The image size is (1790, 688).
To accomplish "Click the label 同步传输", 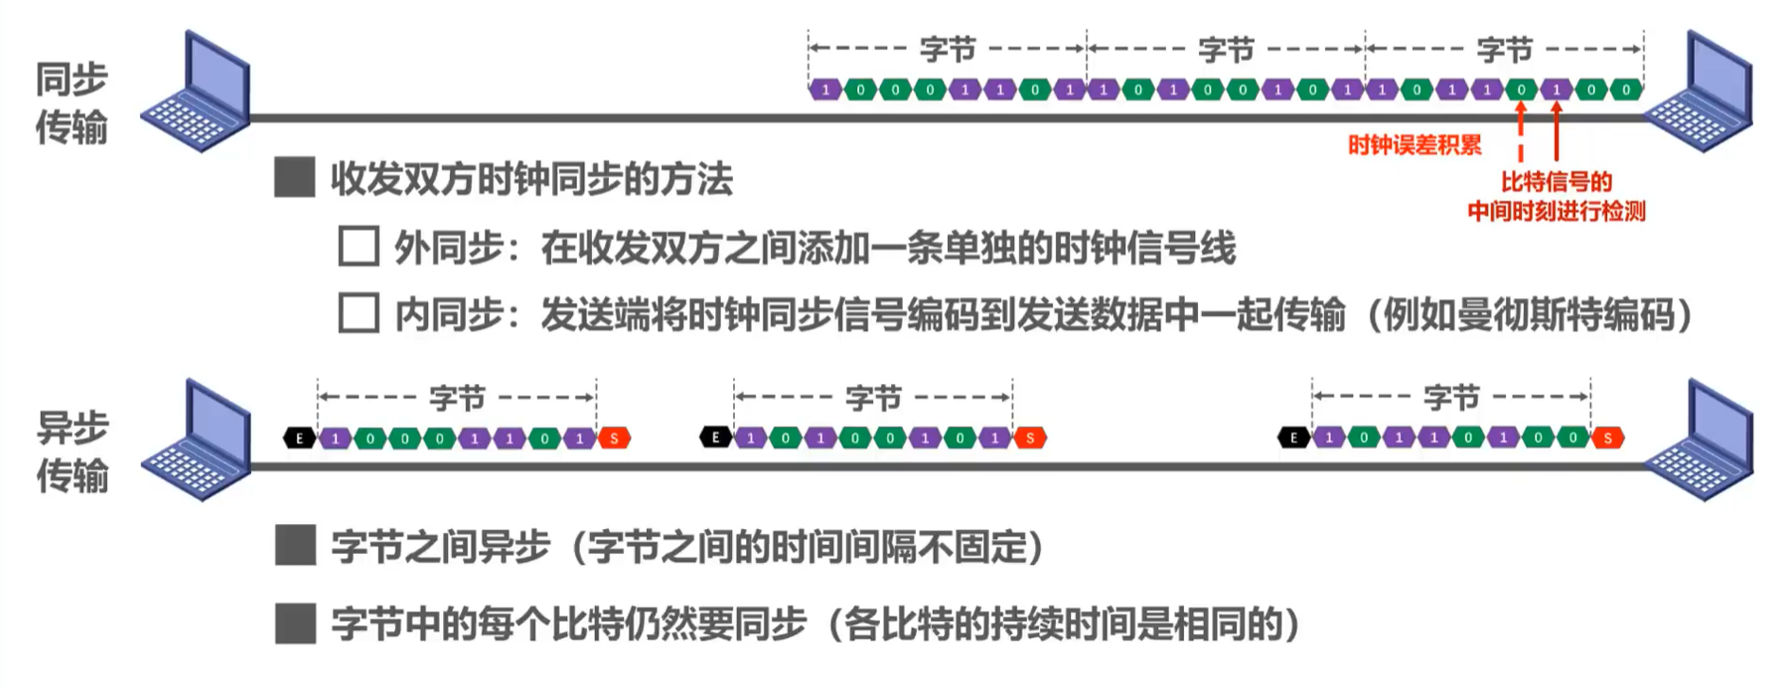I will (x=72, y=103).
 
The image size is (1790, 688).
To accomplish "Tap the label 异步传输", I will (x=72, y=451).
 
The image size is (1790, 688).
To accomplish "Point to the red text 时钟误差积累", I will (x=1414, y=145).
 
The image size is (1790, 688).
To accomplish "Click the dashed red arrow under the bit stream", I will (x=1521, y=132).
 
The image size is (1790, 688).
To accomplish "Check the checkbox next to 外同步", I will (x=359, y=246).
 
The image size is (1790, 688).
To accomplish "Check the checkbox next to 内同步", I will (x=359, y=313).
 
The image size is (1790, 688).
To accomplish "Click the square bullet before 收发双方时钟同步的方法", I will (x=295, y=178).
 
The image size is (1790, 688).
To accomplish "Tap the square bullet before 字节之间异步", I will (x=295, y=546).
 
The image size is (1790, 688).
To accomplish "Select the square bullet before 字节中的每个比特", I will (x=295, y=624).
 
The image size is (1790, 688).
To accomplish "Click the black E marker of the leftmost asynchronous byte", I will (x=299, y=438).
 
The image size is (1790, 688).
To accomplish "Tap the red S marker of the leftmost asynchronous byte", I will (x=615, y=438).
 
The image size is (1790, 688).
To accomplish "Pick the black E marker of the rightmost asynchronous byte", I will (x=1294, y=437).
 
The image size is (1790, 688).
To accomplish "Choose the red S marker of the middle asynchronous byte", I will (x=1029, y=437).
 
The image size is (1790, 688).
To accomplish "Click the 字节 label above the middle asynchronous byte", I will (x=872, y=398).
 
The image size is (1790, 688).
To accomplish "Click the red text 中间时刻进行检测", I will (x=1556, y=211).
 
